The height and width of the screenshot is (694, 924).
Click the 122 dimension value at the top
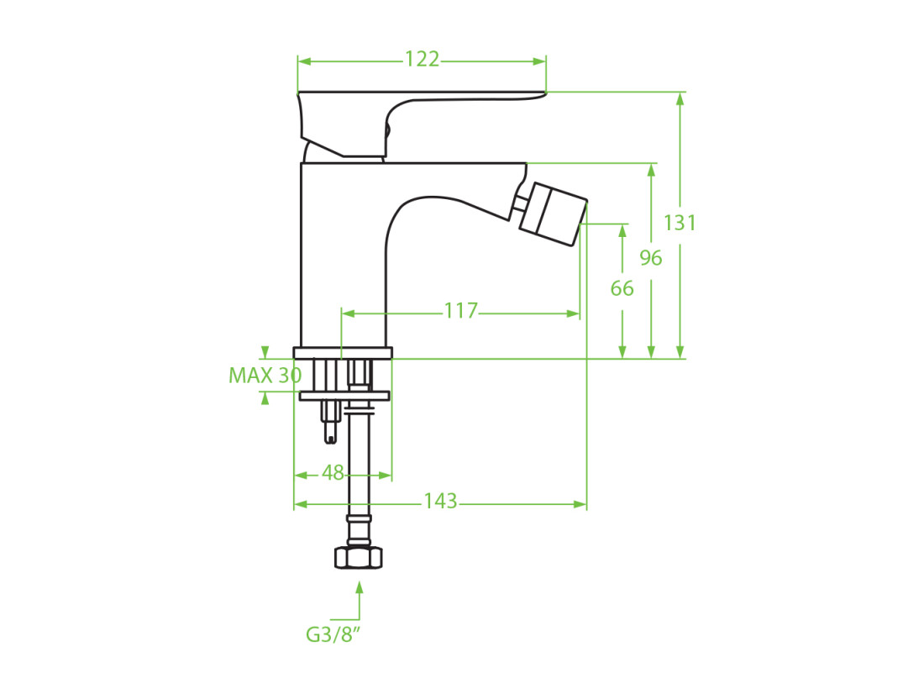[422, 60]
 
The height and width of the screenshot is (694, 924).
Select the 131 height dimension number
[680, 223]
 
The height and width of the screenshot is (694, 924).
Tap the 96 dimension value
[650, 258]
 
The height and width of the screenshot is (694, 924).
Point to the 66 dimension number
[622, 288]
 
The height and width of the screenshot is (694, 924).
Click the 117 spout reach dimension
[461, 311]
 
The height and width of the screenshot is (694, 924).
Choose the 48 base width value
[333, 472]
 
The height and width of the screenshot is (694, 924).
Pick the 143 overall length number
[440, 502]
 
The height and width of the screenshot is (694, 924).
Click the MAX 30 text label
[265, 375]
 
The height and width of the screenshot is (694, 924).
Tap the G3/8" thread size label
[333, 634]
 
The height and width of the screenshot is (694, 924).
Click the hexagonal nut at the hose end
[359, 557]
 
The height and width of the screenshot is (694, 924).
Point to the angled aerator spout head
[554, 214]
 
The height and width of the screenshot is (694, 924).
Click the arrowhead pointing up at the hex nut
[360, 587]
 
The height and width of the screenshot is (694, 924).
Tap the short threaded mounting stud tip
[331, 435]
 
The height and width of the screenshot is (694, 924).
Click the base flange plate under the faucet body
[343, 353]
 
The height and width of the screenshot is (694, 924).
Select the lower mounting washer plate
[344, 395]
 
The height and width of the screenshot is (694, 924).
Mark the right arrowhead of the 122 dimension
[539, 61]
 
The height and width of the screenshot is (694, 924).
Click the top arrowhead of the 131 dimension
[680, 99]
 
